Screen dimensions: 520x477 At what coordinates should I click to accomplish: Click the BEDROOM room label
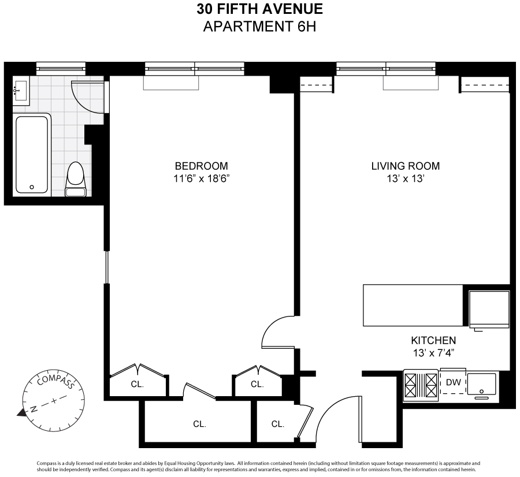pos(201,166)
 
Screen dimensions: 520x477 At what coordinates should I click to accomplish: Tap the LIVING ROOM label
pos(405,166)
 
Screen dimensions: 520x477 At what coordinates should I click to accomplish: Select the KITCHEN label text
pos(433,341)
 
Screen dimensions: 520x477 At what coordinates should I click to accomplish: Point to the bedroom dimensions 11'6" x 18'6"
pos(201,179)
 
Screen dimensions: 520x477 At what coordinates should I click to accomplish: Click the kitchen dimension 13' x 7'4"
pos(433,353)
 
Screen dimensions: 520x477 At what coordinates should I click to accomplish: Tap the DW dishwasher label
pos(454,382)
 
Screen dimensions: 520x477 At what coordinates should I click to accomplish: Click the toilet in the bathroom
pos(76,180)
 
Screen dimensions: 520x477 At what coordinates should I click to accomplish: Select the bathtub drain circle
pos(32,187)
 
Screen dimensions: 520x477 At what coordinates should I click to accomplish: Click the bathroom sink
pos(21,91)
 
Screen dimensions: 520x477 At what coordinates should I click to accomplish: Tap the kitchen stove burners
pos(421,385)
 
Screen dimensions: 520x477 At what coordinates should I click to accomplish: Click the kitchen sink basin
pos(481,384)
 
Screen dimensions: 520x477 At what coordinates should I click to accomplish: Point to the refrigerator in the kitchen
pos(489,310)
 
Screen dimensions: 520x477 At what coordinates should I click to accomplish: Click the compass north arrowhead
pos(21,412)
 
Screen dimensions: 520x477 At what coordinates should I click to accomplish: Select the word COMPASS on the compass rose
pos(55,381)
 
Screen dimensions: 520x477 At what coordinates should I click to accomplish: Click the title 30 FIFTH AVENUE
pos(259,9)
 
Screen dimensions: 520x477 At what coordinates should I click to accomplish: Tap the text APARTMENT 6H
pos(259,27)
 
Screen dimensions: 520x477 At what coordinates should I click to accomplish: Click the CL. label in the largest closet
pos(200,424)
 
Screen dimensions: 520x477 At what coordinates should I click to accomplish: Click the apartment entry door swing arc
pos(326,409)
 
